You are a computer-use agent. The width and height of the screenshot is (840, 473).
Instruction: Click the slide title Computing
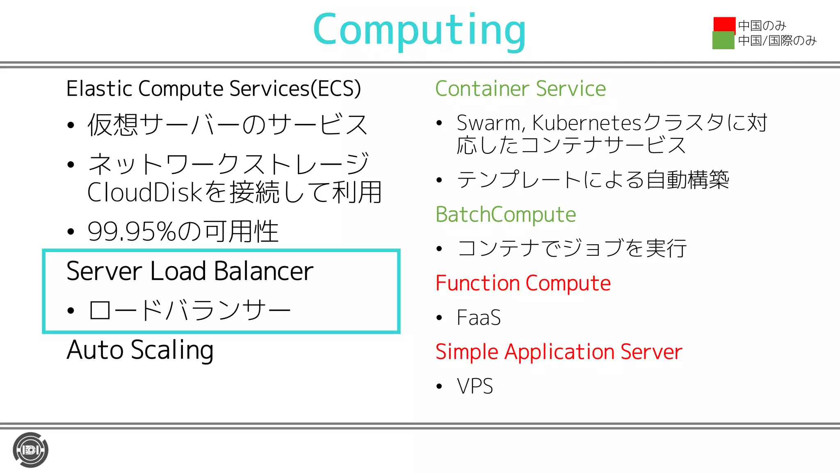419,30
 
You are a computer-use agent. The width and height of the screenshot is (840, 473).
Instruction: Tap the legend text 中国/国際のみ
777,41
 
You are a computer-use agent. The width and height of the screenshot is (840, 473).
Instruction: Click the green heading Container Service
520,89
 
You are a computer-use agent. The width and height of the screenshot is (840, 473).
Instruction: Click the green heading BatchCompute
505,214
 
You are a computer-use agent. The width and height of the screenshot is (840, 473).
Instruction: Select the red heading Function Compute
523,283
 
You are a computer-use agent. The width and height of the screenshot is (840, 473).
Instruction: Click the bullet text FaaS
479,318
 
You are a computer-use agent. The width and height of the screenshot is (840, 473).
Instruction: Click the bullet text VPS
475,386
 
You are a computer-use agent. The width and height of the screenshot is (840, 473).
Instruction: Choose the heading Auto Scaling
140,350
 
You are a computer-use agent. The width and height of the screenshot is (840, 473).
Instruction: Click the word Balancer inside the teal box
263,271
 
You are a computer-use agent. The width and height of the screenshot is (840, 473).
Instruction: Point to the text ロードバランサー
189,310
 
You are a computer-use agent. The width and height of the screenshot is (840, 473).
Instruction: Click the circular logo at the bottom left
30,450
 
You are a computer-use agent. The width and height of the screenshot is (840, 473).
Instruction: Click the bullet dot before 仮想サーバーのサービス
71,125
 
